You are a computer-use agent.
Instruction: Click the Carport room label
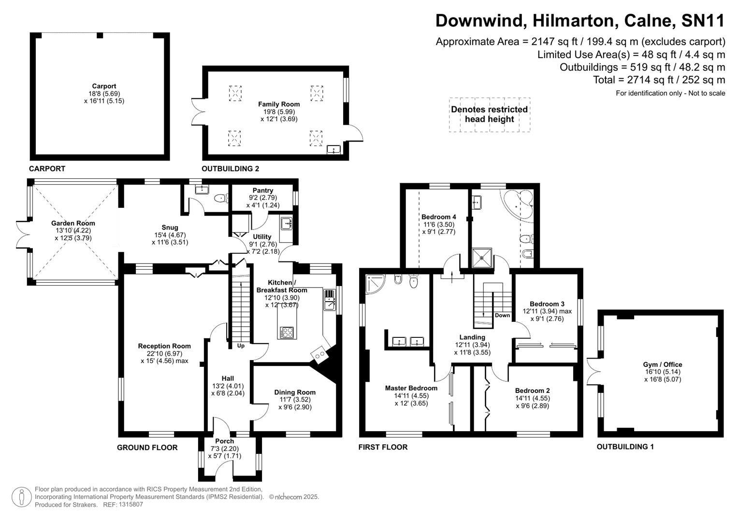click(x=104, y=87)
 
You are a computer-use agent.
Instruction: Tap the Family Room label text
click(x=279, y=104)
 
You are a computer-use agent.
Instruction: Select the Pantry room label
click(x=263, y=191)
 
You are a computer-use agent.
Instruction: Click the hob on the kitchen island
click(x=287, y=332)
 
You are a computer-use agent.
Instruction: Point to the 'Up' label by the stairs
click(x=241, y=346)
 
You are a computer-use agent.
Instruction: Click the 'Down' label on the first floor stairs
click(x=502, y=315)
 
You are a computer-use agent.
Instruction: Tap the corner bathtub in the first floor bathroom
click(x=518, y=206)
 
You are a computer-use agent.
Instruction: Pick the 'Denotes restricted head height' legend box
click(x=489, y=115)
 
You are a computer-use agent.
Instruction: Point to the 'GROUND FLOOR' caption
click(x=147, y=448)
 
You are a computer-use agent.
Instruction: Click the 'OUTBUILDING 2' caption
click(x=231, y=169)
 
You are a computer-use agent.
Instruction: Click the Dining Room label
click(x=295, y=392)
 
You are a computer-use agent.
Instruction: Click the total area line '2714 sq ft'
click(x=659, y=80)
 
